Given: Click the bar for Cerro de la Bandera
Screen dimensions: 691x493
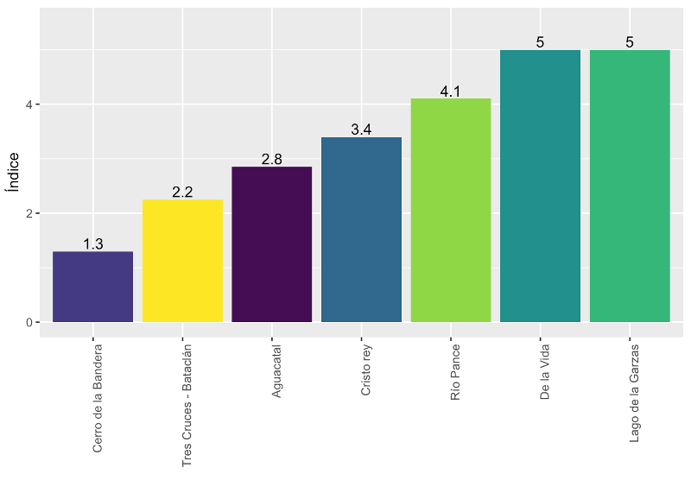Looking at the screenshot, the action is pyautogui.click(x=92, y=287).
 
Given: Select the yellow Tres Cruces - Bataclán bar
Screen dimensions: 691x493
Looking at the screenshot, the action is pyautogui.click(x=182, y=261).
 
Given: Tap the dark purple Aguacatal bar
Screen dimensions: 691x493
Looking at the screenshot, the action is pyautogui.click(x=272, y=244).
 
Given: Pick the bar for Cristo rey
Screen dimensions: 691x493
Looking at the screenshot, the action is pyautogui.click(x=361, y=230).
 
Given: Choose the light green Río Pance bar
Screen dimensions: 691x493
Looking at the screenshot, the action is pyautogui.click(x=451, y=210).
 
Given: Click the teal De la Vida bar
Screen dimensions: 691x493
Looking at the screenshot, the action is pyautogui.click(x=541, y=186).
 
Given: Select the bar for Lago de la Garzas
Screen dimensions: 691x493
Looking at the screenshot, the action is pyautogui.click(x=630, y=186).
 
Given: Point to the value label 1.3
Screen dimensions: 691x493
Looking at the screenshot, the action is pyautogui.click(x=93, y=243).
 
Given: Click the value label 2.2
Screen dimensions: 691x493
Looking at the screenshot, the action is pyautogui.click(x=182, y=192).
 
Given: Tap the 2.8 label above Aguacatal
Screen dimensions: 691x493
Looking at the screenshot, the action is pyautogui.click(x=272, y=159).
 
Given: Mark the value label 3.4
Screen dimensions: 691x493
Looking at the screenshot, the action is pyautogui.click(x=361, y=130).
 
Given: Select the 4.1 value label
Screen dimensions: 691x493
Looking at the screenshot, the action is pyautogui.click(x=450, y=92).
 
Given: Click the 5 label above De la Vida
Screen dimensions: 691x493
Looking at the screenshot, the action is pyautogui.click(x=541, y=42).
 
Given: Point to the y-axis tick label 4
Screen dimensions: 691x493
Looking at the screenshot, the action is pyautogui.click(x=29, y=104).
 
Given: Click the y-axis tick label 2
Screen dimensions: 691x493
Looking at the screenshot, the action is pyautogui.click(x=29, y=213).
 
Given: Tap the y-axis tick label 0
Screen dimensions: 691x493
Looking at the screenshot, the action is pyautogui.click(x=29, y=322).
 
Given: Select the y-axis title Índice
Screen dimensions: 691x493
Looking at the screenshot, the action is pyautogui.click(x=13, y=172).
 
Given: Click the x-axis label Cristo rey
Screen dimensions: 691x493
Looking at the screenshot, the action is pyautogui.click(x=365, y=370).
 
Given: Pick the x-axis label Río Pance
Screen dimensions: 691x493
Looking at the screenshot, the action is pyautogui.click(x=455, y=372).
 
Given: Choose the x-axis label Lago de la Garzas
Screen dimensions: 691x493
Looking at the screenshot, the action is pyautogui.click(x=634, y=393).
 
